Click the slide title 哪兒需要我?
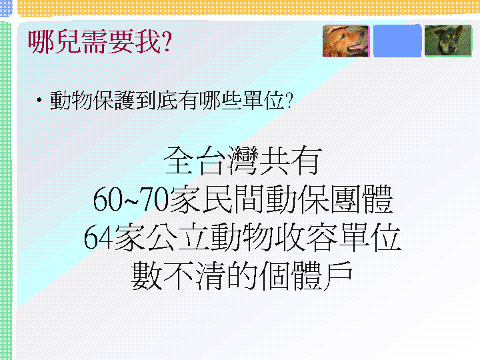[100, 42]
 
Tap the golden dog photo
[346, 41]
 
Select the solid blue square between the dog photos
[397, 41]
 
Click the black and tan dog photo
[449, 41]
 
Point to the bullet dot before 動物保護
[39, 100]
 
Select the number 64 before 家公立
[99, 237]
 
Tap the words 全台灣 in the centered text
[211, 161]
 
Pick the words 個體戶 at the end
[306, 275]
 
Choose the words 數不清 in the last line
[179, 275]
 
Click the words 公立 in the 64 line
[177, 237]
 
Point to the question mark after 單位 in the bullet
[289, 101]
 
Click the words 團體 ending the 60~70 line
[362, 199]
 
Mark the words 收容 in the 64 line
[306, 237]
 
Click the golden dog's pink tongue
[359, 47]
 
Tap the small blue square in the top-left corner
[6, 8]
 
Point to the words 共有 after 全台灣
[290, 161]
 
